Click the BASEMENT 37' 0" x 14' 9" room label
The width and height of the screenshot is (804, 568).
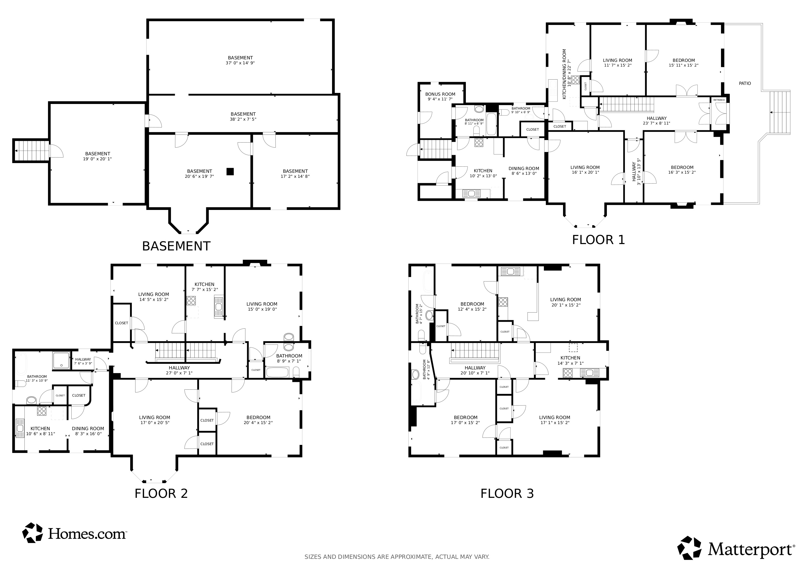[x=240, y=60]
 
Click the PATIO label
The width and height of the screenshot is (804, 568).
[x=745, y=83]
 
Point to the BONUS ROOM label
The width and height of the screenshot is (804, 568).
[x=440, y=97]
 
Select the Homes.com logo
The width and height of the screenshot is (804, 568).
[x=74, y=533]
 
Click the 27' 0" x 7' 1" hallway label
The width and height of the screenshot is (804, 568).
[x=179, y=370]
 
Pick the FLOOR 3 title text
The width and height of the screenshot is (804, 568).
[x=507, y=493]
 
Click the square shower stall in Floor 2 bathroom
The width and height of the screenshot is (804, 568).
[x=61, y=361]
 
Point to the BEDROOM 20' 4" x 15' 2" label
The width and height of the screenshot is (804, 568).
[x=258, y=420]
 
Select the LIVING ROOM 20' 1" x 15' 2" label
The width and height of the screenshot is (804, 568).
[x=565, y=302]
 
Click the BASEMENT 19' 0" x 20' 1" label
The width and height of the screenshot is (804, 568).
[x=98, y=156]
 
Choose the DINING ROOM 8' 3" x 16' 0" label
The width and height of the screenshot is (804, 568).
[x=88, y=431]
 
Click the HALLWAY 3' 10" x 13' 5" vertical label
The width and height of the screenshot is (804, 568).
[x=636, y=172]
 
